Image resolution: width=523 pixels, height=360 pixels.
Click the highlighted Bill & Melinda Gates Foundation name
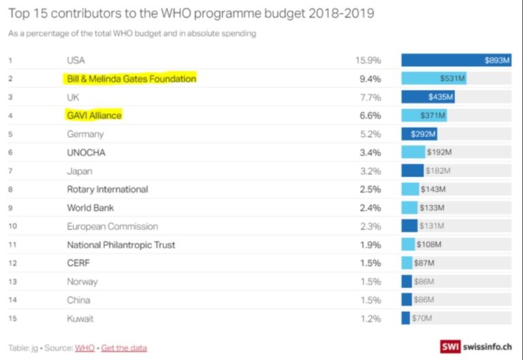point(131,79)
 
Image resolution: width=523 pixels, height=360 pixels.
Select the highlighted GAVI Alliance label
point(94,116)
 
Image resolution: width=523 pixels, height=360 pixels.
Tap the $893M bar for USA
point(456,61)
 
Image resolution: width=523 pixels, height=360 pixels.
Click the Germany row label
point(85,134)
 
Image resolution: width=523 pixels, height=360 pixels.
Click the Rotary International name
point(107,189)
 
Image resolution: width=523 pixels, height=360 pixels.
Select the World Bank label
point(91,208)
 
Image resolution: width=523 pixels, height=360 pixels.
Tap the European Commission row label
point(112,226)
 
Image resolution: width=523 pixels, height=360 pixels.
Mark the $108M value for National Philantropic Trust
point(429,244)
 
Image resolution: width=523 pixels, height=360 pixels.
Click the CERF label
point(78,263)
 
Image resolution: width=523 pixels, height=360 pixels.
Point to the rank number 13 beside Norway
point(11,282)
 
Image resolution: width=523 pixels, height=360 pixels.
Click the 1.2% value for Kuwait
point(370,318)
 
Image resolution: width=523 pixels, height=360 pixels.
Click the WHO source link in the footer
point(84,348)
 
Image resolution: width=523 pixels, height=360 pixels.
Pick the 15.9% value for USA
point(368,61)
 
